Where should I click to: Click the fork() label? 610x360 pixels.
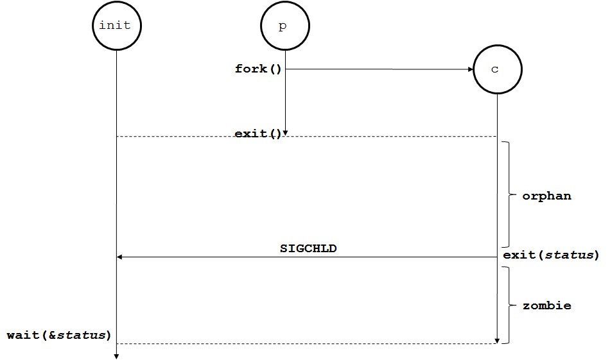tap(258, 69)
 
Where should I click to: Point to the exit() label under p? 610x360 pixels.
tap(258, 134)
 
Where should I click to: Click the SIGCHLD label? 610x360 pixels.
tap(308, 248)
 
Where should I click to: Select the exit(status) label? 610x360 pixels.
tap(551, 255)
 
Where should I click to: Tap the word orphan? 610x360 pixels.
tap(546, 196)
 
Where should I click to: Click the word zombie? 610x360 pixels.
tap(546, 305)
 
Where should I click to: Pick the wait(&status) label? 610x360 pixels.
tap(59, 335)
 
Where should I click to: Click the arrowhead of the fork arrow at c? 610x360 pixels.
tap(469, 69)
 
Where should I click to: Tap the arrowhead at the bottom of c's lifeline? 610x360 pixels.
tap(497, 340)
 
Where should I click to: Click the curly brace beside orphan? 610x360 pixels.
tap(509, 194)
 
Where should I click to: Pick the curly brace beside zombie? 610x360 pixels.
tap(509, 305)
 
